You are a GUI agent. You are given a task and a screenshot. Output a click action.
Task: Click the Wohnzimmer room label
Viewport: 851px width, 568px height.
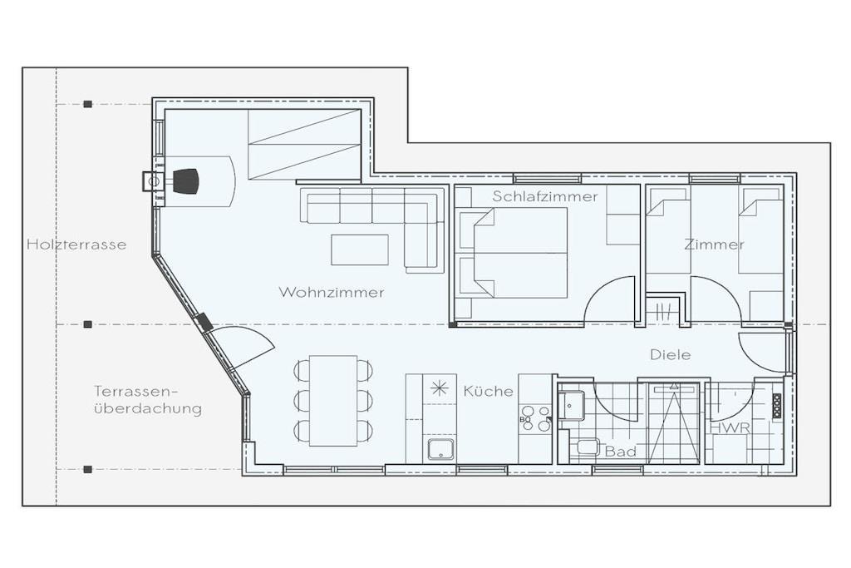click(x=331, y=292)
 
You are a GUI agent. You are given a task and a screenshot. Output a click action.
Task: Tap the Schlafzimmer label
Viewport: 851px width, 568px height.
click(x=545, y=196)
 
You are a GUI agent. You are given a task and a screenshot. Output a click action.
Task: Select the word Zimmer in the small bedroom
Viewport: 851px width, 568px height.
click(x=714, y=244)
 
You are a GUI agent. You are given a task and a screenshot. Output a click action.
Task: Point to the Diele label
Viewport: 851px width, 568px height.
click(x=671, y=354)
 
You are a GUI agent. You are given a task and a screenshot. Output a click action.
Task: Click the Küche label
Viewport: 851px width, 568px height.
click(x=488, y=390)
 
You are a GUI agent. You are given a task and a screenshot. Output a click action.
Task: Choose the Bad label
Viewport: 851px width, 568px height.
click(x=620, y=452)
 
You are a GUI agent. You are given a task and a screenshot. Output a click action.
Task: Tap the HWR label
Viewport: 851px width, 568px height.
click(x=730, y=428)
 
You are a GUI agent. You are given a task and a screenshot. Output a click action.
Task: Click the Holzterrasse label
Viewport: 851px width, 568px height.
click(x=76, y=244)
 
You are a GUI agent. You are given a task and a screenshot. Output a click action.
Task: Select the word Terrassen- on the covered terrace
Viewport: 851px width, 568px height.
click(x=136, y=391)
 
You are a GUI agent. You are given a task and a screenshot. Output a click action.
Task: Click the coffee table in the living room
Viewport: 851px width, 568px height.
click(x=360, y=249)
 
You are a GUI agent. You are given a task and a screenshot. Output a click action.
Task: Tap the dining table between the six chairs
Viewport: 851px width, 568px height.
click(x=333, y=401)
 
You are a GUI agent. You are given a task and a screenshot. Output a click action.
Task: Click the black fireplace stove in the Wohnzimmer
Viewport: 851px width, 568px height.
click(x=185, y=180)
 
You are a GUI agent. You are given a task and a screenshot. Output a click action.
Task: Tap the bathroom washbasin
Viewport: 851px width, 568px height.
click(x=572, y=404)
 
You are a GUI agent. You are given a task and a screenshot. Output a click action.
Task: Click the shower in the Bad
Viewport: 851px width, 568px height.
click(x=673, y=422)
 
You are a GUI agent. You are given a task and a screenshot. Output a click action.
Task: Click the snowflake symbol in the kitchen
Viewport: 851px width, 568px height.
click(x=439, y=389)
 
